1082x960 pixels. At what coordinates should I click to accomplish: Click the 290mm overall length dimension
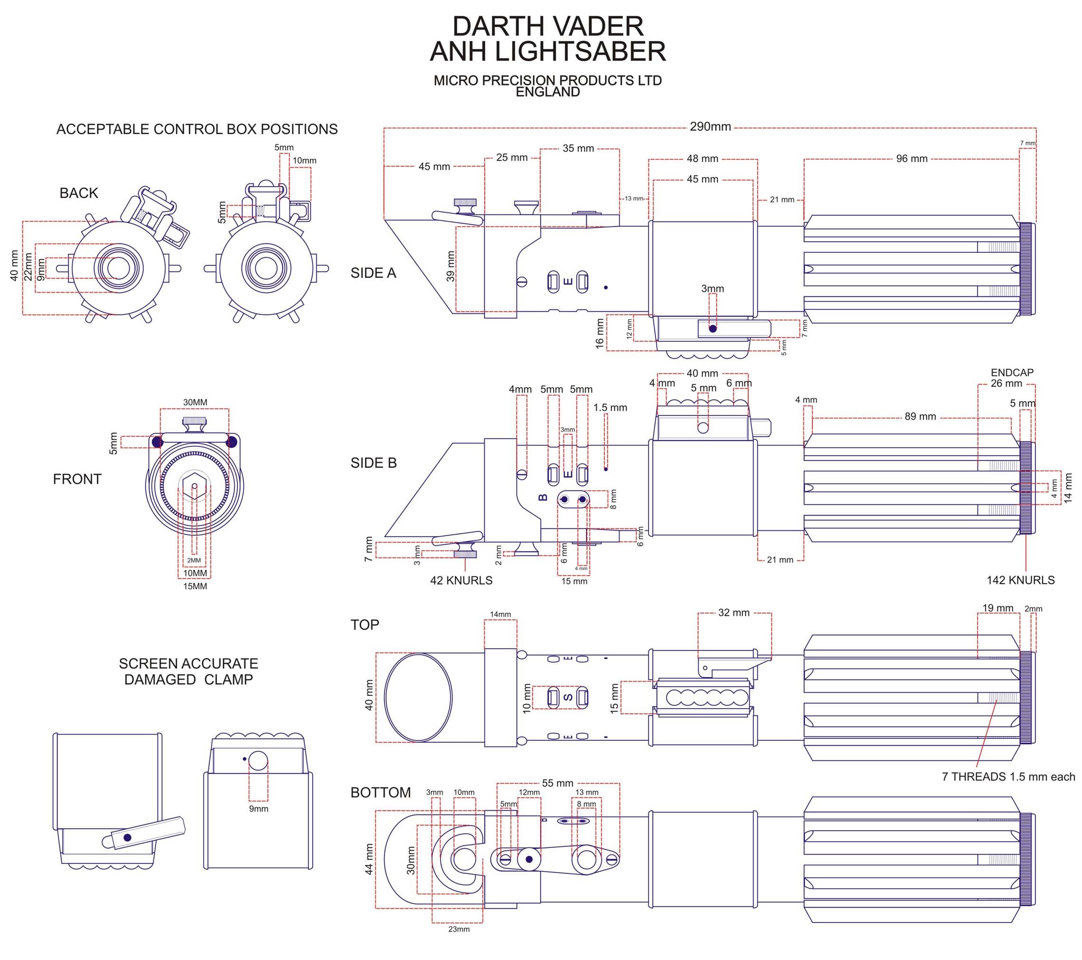point(710,126)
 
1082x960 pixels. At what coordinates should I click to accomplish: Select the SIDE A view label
point(373,273)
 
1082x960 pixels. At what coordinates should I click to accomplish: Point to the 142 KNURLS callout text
point(1020,580)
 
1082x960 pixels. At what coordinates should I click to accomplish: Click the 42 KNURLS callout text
point(461,581)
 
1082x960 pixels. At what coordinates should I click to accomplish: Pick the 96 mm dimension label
point(912,159)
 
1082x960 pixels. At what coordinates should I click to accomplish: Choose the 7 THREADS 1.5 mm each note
point(1008,777)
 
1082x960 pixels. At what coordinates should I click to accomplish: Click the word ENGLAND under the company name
point(548,92)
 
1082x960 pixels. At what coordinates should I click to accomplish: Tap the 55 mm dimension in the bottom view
point(557,783)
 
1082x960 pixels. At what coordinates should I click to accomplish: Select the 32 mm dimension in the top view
point(734,613)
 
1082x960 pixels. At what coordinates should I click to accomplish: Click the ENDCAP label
point(1012,373)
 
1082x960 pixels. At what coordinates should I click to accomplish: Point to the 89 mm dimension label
point(920,416)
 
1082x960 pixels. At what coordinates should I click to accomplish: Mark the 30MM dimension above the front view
point(195,402)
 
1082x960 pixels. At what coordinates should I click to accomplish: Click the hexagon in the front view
point(194,486)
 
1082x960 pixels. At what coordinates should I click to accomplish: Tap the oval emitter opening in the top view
point(418,697)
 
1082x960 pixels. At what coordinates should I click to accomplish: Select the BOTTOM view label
point(381,793)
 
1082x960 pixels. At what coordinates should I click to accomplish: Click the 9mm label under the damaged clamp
point(258,808)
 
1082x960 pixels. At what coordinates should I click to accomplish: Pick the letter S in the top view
point(568,697)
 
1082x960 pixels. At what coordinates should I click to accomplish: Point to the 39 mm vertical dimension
point(451,266)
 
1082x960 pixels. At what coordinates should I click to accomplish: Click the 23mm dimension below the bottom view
point(459,929)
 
